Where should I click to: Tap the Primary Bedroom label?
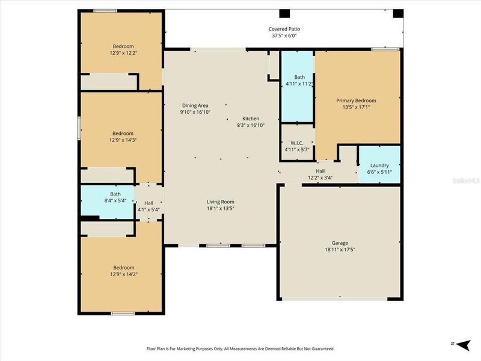[x=356, y=100]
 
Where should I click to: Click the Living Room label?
[x=221, y=202]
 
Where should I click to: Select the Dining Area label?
[x=194, y=105]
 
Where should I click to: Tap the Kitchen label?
[x=251, y=119]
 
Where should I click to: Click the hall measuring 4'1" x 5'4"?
[x=148, y=206]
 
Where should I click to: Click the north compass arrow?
[x=462, y=345]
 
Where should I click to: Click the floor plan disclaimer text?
[x=240, y=348]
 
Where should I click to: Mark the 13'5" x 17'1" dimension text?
[x=356, y=107]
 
